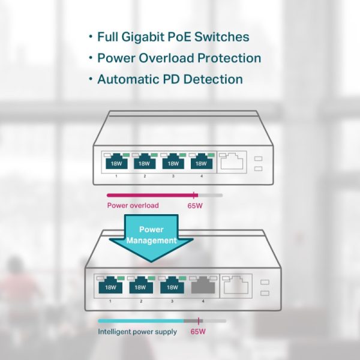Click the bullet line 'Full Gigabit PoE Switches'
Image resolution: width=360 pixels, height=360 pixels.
point(173,37)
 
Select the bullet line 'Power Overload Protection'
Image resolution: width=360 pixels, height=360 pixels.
point(179,58)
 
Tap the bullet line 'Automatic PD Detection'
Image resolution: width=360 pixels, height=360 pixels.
point(170,79)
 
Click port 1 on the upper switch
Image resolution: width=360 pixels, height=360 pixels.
point(115,162)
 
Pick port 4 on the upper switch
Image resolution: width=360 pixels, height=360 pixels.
point(201,162)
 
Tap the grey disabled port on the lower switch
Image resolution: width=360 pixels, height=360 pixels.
point(203,287)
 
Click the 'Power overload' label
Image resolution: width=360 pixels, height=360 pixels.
point(133,206)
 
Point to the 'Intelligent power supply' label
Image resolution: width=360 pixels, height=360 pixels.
point(137,331)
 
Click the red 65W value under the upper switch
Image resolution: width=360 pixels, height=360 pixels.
point(196,206)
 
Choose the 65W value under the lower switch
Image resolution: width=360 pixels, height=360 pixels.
point(199,331)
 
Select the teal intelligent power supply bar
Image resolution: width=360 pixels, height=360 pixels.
point(142,321)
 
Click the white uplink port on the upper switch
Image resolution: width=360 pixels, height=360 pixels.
point(232,161)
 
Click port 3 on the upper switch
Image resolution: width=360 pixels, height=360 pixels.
point(172,162)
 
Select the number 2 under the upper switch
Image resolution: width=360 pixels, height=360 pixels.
point(144,176)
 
